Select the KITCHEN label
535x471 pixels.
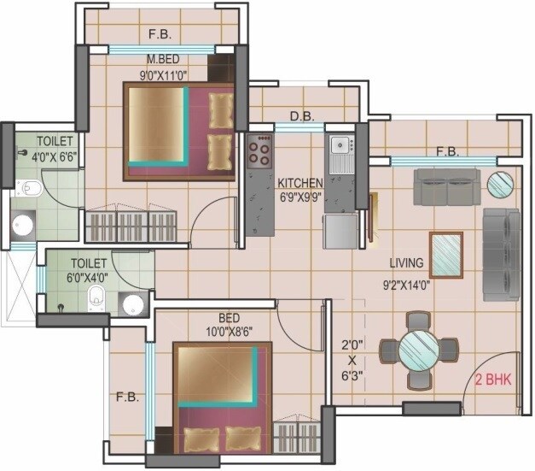click(x=299, y=183)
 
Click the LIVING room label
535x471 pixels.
click(x=408, y=263)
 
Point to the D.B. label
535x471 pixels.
click(x=299, y=116)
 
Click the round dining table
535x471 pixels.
click(x=419, y=350)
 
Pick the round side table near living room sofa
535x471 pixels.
click(x=500, y=184)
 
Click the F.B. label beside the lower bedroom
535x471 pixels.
click(x=126, y=397)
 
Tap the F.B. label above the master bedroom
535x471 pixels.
click(x=160, y=36)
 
